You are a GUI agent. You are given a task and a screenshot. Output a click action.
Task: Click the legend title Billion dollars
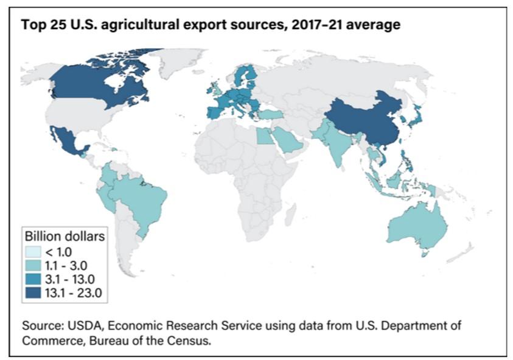(64, 235)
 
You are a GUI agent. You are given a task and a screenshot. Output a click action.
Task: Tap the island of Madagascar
(290, 215)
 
